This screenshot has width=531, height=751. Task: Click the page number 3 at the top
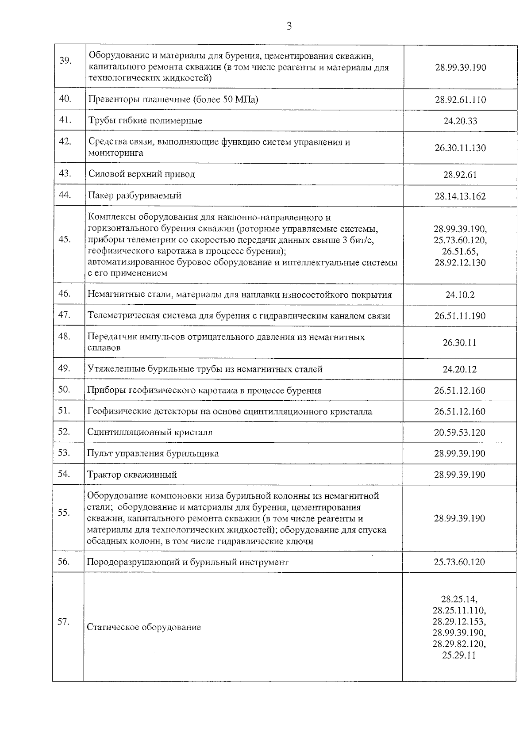pos(289,27)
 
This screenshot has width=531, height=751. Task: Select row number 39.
pos(65,61)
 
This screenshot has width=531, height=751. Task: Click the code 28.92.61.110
pos(460,100)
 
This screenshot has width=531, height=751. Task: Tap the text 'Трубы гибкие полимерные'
pos(145,121)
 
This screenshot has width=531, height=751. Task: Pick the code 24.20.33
pos(460,121)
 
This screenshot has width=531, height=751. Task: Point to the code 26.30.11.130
pos(460,148)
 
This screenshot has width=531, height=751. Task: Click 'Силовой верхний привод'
pos(142,174)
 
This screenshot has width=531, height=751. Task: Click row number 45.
pos(65,239)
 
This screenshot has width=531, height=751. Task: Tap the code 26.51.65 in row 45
pos(460,252)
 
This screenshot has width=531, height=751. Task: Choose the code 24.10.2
pos(460,295)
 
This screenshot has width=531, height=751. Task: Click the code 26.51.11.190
pos(460,316)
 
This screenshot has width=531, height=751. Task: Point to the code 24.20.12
pos(460,369)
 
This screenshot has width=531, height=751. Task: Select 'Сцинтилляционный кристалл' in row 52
pos(150,433)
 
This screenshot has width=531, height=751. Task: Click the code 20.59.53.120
pos(460,433)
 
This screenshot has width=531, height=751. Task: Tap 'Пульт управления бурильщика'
pos(153,454)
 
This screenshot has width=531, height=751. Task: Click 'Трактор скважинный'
pos(132,475)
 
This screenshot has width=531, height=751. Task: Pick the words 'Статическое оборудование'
pos(144,628)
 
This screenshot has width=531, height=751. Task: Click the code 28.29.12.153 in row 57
pos(459,621)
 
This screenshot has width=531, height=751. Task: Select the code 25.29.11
pos(459,655)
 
